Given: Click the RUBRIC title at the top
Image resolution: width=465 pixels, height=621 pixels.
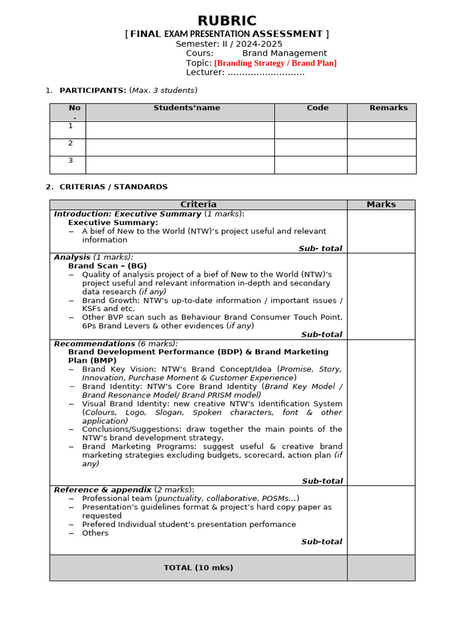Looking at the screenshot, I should click(x=227, y=21).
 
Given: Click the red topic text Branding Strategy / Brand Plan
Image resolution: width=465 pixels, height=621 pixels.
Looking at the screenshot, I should click(x=275, y=63).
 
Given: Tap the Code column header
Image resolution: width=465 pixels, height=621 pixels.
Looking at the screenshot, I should click(x=317, y=108).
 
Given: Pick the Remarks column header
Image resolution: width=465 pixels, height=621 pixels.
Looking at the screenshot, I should click(x=388, y=108).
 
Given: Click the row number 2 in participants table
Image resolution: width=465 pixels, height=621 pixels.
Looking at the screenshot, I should click(x=70, y=143).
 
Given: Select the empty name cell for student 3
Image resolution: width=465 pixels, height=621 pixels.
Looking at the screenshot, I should click(x=180, y=165).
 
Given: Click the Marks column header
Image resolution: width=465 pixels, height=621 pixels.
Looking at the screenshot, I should click(x=381, y=204).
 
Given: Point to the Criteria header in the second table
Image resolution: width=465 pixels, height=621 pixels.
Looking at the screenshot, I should click(x=198, y=204).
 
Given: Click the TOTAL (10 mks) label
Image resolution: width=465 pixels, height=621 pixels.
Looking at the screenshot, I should click(x=198, y=568).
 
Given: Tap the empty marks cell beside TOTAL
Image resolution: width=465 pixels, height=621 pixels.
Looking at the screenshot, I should click(x=381, y=568).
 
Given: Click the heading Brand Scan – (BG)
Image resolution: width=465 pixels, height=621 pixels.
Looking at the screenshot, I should click(x=107, y=266).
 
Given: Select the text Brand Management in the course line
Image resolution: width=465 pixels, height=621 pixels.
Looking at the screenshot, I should click(x=285, y=53).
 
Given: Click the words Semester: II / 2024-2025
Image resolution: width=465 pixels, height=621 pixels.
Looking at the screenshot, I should click(x=229, y=44).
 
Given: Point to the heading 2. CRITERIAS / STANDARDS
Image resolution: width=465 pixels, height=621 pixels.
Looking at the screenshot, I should click(x=113, y=187).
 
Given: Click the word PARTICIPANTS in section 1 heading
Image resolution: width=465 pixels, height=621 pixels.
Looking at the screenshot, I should click(x=93, y=90).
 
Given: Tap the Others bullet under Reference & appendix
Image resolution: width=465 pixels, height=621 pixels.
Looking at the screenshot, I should click(x=95, y=533).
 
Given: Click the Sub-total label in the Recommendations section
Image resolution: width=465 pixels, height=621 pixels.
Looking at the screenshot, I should click(x=322, y=481).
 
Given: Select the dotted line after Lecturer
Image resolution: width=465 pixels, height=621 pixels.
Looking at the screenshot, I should click(x=266, y=73).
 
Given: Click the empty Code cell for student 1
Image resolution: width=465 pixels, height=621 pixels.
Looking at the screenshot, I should click(x=311, y=130).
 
